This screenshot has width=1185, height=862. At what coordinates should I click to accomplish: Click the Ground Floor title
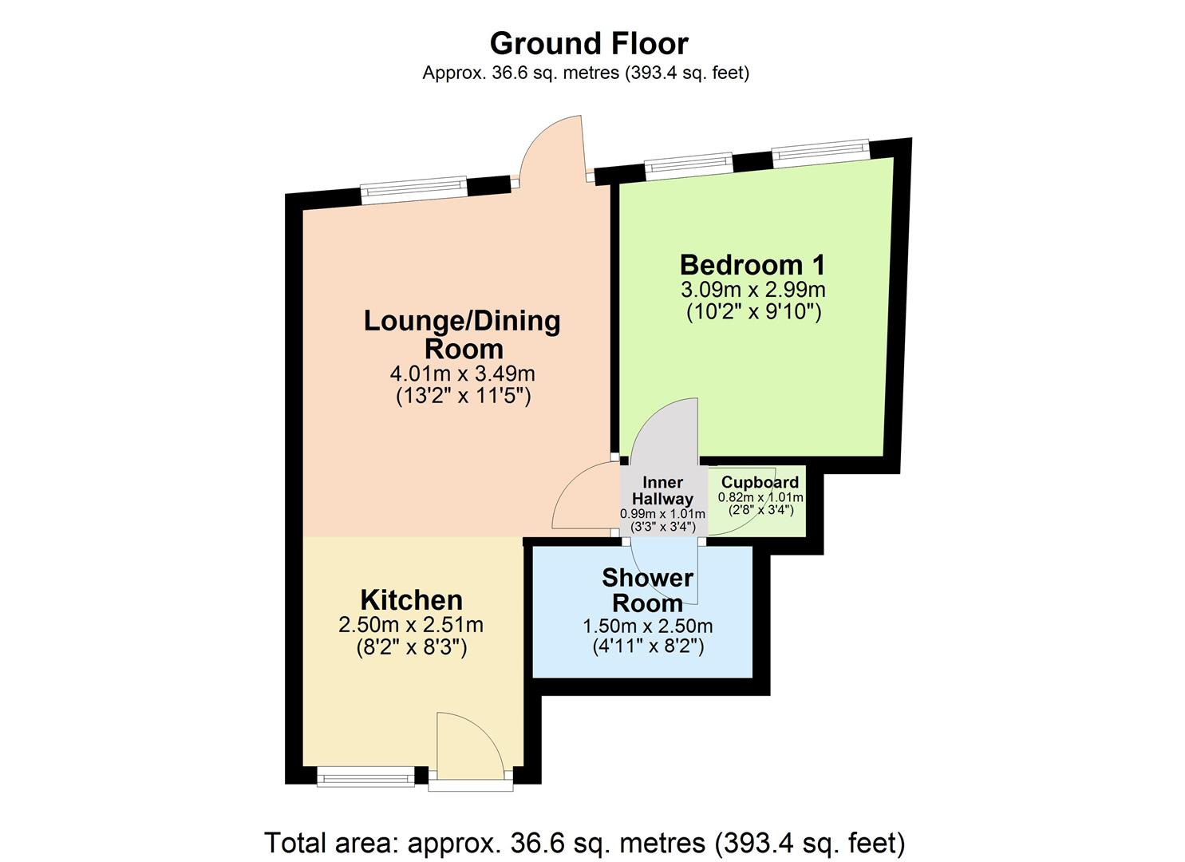coord(588,43)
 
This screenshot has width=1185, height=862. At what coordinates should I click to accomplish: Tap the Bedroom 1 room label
coord(752,264)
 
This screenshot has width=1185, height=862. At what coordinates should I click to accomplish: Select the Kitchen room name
coord(411,599)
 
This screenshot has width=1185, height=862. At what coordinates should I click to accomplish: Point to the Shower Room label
coord(646,589)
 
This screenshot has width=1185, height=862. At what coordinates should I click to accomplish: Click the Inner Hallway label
coord(662,490)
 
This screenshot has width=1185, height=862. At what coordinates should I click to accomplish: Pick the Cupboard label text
coord(760,482)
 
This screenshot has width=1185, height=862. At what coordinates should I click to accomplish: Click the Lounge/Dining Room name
coord(463,334)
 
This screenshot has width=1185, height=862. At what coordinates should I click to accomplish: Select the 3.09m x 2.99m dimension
coord(752,289)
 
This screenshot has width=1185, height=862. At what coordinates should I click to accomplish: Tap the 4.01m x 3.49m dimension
coord(463,374)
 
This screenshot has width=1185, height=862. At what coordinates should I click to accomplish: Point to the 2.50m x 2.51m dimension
coord(411,624)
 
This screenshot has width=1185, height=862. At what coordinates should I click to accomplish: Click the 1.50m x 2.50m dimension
coord(647,626)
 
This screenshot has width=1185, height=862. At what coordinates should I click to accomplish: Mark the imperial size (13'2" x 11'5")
coord(463,396)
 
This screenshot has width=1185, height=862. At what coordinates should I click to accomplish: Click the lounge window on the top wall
coord(413,188)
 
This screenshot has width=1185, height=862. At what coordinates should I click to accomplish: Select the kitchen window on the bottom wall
coord(365,777)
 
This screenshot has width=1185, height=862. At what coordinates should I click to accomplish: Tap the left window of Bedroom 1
coord(688,164)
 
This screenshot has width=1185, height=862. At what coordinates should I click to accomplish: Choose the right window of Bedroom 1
coord(820,151)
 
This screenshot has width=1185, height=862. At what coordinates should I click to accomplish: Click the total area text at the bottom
coord(584,843)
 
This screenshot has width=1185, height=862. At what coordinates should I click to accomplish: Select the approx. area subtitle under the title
coord(585,73)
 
